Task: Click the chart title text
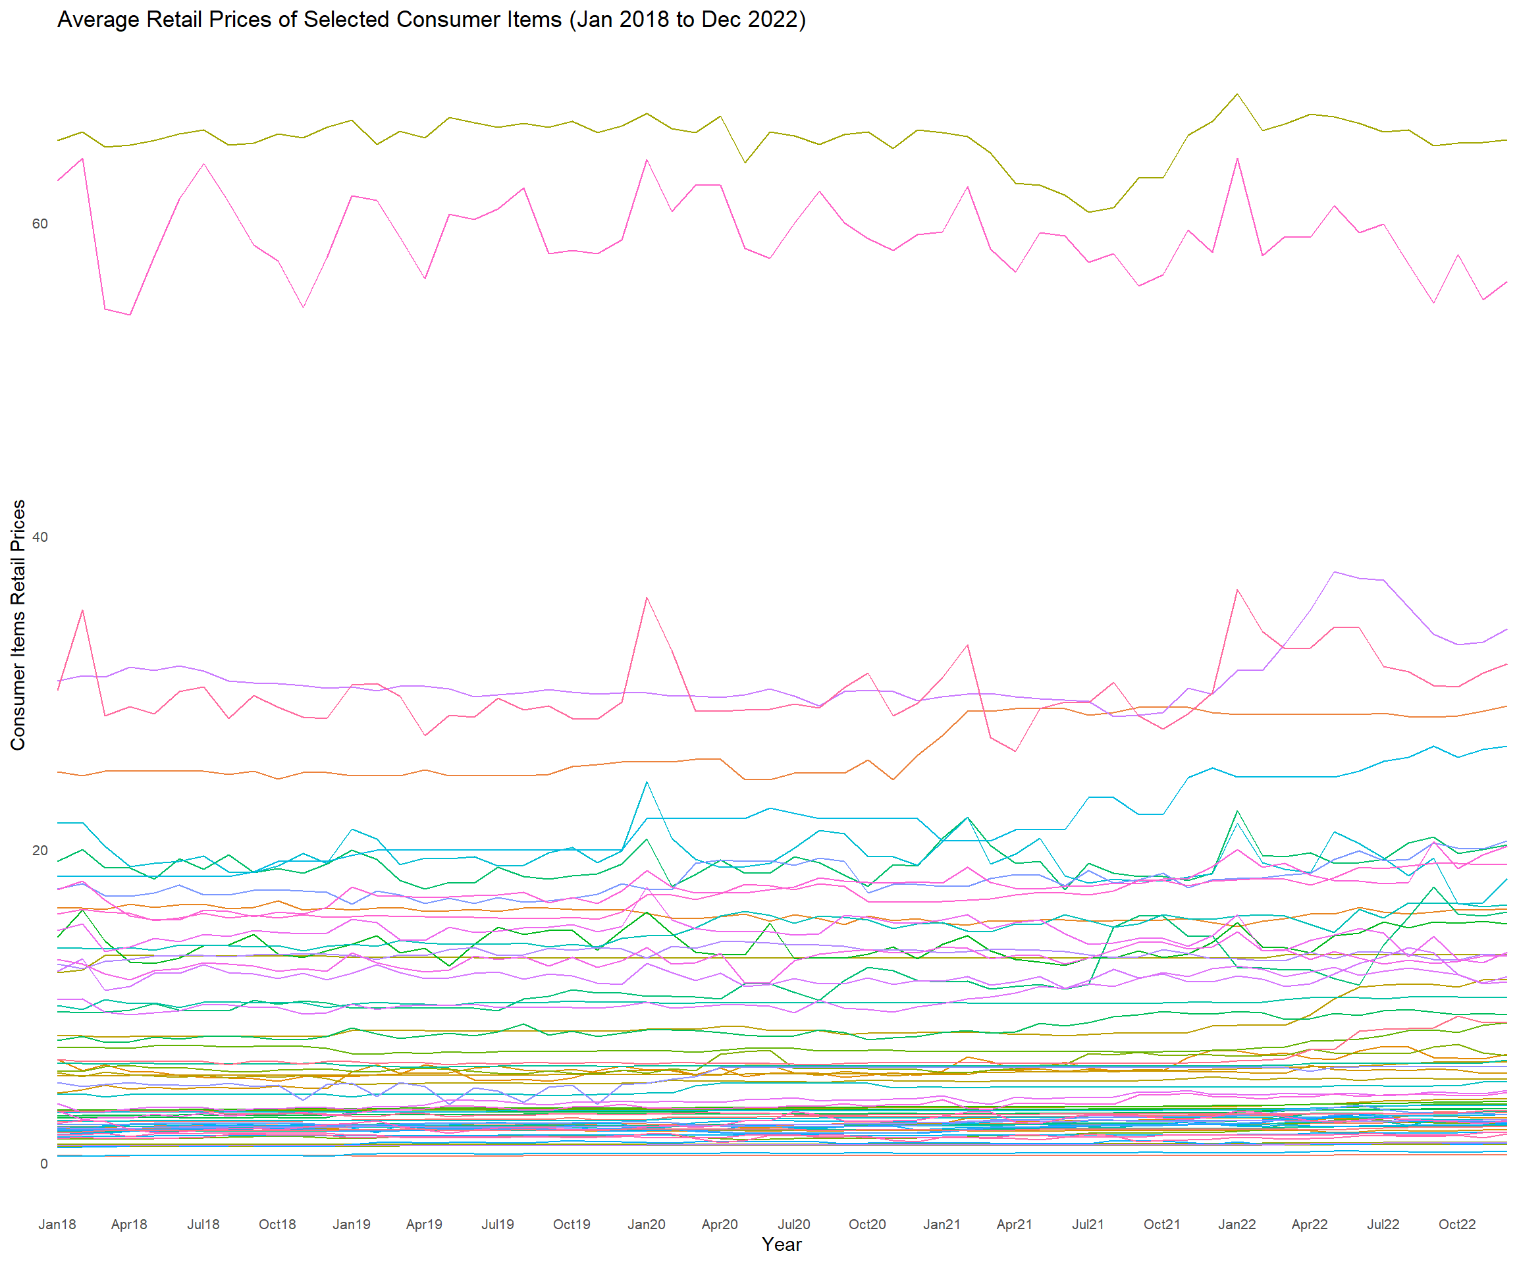point(431,20)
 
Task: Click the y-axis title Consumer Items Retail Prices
point(18,625)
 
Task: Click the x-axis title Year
point(782,1244)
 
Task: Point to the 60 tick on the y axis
point(40,224)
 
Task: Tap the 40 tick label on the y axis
point(40,537)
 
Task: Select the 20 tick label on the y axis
point(40,850)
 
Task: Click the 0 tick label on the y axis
point(44,1163)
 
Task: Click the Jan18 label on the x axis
point(57,1224)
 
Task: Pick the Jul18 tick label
point(203,1224)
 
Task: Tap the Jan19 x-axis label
point(351,1224)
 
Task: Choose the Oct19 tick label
point(572,1224)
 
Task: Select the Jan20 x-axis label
point(647,1224)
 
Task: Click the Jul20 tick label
point(794,1224)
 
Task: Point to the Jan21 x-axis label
point(942,1224)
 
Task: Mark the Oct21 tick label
point(1161,1224)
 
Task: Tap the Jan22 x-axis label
point(1237,1224)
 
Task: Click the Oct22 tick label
point(1457,1224)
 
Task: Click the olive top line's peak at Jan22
point(1237,94)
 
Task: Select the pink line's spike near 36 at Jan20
point(647,597)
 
